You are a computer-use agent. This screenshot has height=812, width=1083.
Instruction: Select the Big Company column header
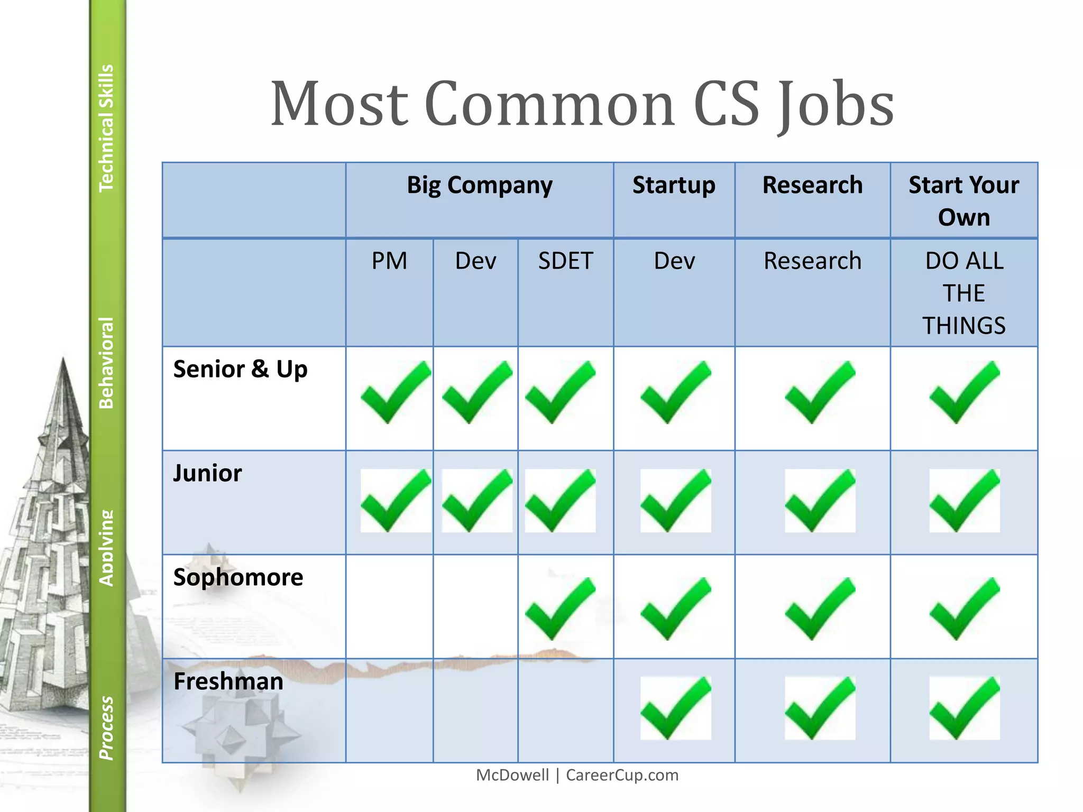click(x=479, y=186)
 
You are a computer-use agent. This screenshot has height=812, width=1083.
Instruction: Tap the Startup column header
click(x=674, y=186)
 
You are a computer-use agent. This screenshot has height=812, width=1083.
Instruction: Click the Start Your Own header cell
click(x=963, y=201)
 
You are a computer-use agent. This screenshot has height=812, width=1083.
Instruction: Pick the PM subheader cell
click(x=389, y=261)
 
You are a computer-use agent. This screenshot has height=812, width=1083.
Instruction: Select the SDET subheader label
click(x=565, y=261)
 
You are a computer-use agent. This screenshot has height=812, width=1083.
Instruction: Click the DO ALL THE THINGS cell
click(x=963, y=293)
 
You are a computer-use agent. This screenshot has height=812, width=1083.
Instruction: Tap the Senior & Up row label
click(x=240, y=369)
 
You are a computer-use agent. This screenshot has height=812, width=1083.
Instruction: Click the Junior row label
click(x=207, y=473)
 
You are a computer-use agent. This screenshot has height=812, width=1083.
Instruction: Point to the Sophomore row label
click(x=238, y=577)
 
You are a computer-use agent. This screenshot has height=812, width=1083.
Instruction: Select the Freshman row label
click(x=228, y=681)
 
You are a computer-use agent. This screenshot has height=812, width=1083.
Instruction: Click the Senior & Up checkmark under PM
click(x=395, y=393)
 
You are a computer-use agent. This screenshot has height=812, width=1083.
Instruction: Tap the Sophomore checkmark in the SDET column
click(x=560, y=608)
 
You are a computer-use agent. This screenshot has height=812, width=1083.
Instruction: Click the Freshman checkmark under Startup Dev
click(x=675, y=708)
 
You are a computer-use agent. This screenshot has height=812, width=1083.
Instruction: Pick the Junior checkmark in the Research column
click(x=820, y=501)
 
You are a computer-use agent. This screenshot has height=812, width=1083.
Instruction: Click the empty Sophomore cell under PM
click(x=389, y=606)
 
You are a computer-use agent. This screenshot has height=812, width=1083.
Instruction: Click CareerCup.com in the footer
click(x=622, y=775)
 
